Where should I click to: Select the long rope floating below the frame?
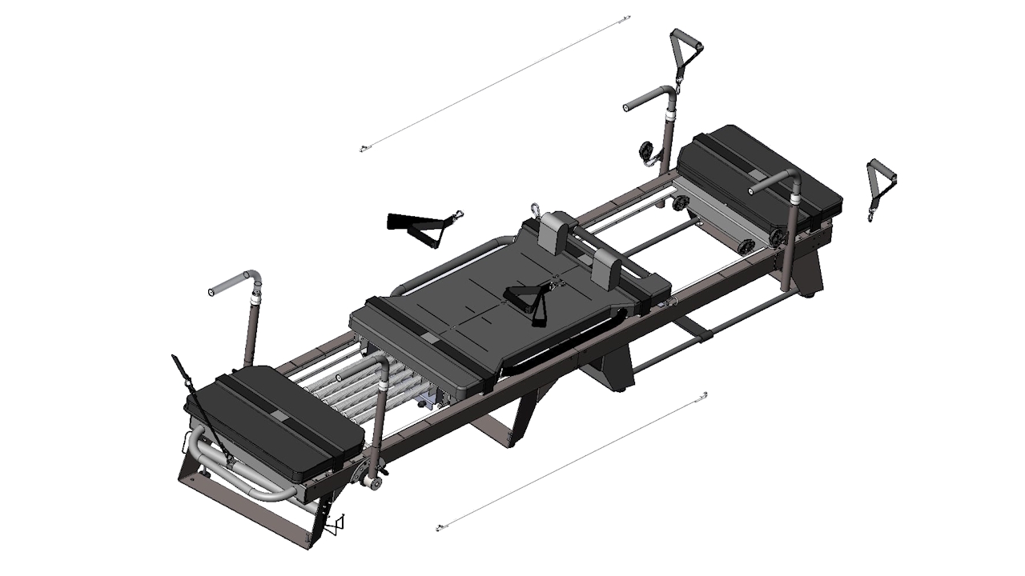(x=571, y=462)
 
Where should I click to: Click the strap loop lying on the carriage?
(x=530, y=299)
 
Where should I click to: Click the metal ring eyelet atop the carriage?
(x=535, y=210)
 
